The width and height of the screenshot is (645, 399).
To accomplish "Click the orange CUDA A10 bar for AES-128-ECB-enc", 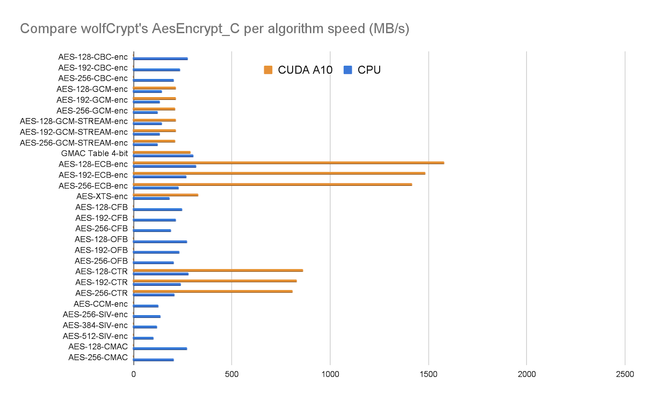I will click(288, 163).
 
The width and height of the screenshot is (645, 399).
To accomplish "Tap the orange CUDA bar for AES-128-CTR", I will click(218, 270).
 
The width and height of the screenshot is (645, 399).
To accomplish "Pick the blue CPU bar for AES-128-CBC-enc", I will click(160, 58).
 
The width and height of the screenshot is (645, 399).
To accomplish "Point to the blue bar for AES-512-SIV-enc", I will click(143, 338).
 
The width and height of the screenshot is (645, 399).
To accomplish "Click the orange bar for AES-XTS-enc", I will click(165, 195).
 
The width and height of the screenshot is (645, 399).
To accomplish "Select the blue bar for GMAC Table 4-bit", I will click(163, 156).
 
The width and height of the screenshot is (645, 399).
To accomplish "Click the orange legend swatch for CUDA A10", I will click(268, 70).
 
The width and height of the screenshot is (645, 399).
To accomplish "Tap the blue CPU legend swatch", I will click(347, 70).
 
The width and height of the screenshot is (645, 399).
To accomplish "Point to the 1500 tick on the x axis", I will click(428, 374).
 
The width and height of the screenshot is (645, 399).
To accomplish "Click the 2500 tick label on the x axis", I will click(624, 374).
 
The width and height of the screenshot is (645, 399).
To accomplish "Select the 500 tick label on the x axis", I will click(231, 374).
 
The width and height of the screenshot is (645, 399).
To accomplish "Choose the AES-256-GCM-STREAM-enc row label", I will click(74, 143).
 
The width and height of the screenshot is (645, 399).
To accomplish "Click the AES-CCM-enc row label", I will click(100, 304).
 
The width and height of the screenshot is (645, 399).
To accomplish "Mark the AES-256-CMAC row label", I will click(98, 357).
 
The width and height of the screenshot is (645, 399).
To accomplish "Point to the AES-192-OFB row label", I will click(101, 250).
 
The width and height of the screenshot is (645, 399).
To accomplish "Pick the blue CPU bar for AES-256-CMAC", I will click(153, 360).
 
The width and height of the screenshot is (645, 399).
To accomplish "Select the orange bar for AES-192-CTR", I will click(214, 281).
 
